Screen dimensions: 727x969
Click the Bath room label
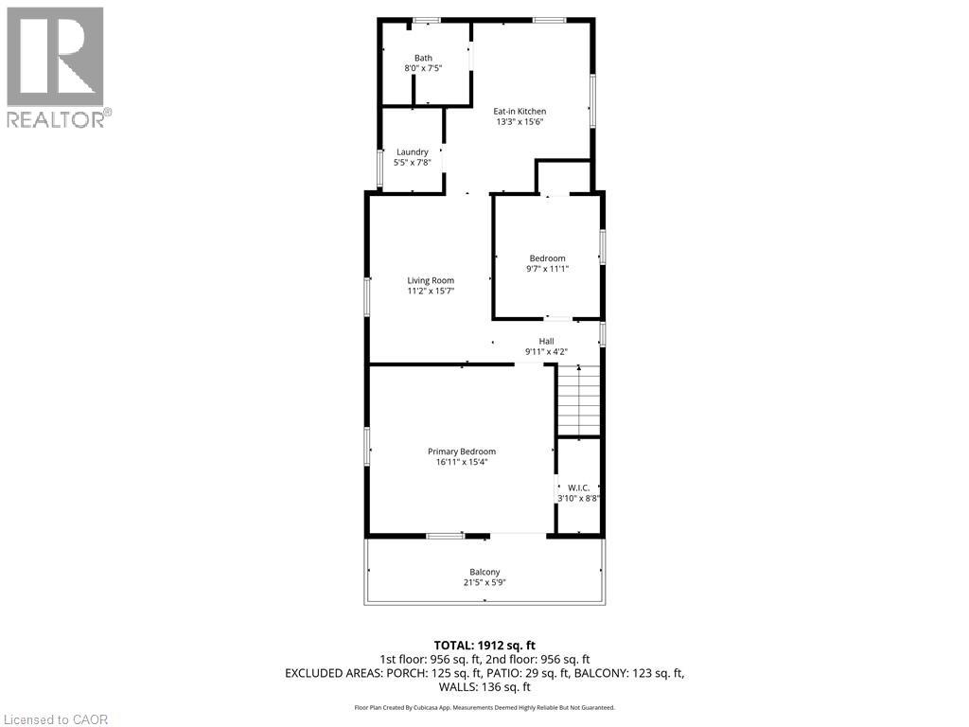[423, 59]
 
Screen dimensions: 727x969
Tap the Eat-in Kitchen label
[520, 112]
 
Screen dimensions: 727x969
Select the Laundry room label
[413, 151]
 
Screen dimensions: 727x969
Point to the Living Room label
[431, 280]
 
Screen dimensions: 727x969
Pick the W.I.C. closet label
[579, 488]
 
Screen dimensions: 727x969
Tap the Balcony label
[484, 572]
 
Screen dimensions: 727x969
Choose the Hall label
[546, 341]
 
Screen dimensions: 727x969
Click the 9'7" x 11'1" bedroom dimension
[547, 269]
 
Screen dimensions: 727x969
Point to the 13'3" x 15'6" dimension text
[520, 122]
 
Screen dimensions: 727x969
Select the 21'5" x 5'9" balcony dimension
[484, 582]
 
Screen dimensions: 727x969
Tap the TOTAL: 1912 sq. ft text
[484, 646]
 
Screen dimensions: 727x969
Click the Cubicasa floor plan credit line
[484, 707]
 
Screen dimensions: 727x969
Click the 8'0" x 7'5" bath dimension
[423, 68]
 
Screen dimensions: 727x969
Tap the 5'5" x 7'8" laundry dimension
[413, 162]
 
